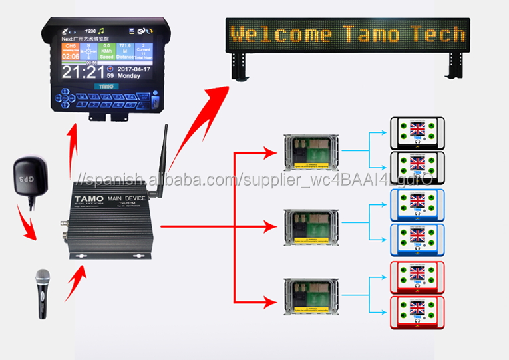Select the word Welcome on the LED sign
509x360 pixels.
point(281,33)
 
